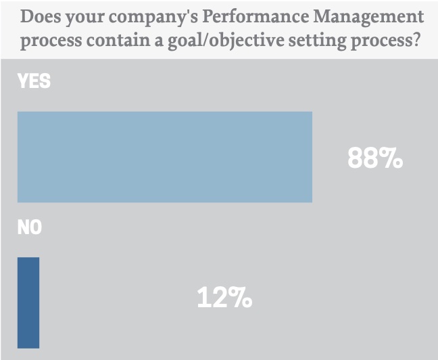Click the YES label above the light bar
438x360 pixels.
pos(34,82)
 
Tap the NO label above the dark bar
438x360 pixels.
pos(30,228)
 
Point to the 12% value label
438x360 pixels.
pos(224,298)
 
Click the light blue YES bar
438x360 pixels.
pos(164,157)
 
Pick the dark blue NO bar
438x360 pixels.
pos(28,302)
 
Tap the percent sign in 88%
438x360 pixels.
pos(391,158)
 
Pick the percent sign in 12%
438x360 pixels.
pos(241,298)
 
